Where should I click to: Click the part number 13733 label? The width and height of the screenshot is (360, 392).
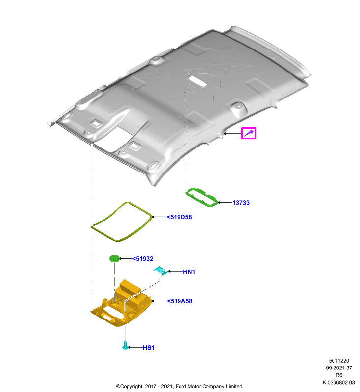[x=241, y=203]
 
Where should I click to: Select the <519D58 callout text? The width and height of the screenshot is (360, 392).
[x=180, y=217]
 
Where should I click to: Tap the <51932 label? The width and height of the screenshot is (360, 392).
[x=143, y=259]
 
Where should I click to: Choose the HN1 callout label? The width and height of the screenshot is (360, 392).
[x=189, y=272]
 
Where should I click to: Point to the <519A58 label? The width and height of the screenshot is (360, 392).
[x=180, y=301]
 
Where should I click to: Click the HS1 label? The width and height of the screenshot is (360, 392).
[x=149, y=348]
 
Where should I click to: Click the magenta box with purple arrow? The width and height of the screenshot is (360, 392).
[x=249, y=133]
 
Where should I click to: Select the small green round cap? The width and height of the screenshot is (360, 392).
[x=115, y=259]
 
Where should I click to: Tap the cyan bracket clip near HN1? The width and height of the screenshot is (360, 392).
[x=160, y=271]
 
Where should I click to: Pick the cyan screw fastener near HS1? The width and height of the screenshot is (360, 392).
[x=125, y=345]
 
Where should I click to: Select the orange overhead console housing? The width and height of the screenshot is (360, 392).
[x=121, y=304]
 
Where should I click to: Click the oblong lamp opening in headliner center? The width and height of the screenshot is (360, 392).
[x=198, y=81]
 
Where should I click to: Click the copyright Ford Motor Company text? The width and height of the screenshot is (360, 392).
[x=179, y=386]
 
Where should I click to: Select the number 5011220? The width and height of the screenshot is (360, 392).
[x=339, y=361]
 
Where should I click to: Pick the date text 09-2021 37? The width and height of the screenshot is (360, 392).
[x=339, y=368]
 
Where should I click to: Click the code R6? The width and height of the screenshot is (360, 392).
[x=339, y=375]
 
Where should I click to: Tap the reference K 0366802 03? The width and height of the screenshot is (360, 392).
[x=339, y=382]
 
